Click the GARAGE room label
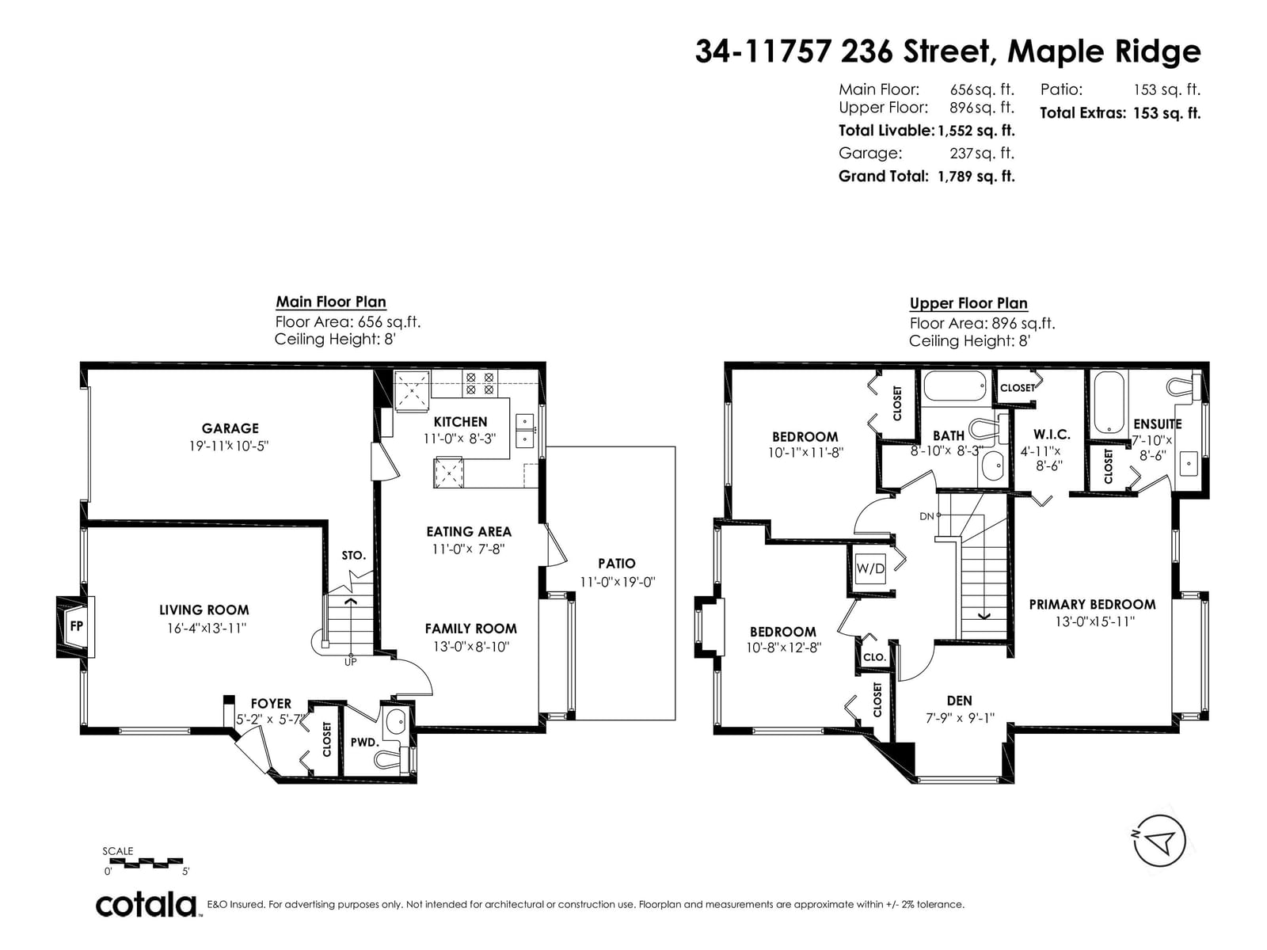point(230,428)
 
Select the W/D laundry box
point(869,568)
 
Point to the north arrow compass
point(1159,841)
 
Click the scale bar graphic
point(146,862)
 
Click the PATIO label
point(616,564)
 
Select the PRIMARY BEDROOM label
point(1092,604)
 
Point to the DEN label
point(959,701)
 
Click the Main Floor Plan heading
point(331,302)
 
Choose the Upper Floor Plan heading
point(968,303)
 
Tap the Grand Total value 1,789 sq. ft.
point(976,176)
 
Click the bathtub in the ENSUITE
point(1109,402)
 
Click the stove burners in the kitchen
point(480,383)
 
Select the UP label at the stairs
point(350,662)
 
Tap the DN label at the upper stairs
point(926,516)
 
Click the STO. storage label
point(354,555)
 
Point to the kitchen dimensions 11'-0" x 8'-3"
point(459,439)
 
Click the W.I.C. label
point(1052,434)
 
